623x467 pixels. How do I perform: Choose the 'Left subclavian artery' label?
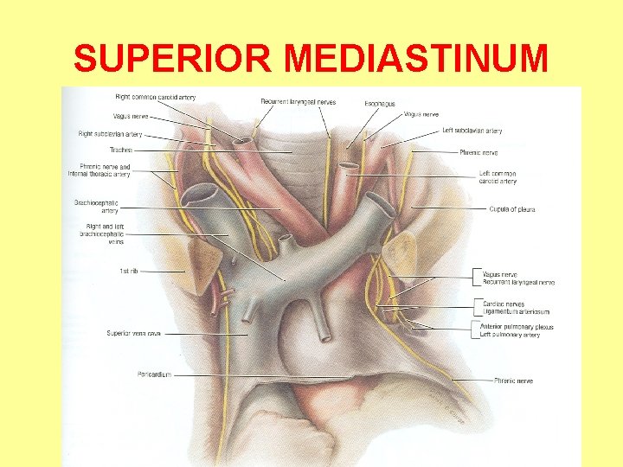(x=472, y=131)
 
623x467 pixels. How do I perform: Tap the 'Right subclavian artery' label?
(x=110, y=134)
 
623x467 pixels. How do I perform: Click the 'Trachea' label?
(x=120, y=150)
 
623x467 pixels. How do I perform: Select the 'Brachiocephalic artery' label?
(x=96, y=206)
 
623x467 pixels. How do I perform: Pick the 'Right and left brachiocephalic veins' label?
(x=101, y=233)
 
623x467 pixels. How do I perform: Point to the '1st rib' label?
(x=128, y=271)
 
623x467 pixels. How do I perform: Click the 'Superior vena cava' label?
(x=133, y=333)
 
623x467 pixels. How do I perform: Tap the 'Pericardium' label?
(x=154, y=374)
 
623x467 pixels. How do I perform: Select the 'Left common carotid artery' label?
(x=498, y=177)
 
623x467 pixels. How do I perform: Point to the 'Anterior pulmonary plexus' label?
(x=517, y=327)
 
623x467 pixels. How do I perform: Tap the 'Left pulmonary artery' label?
(x=510, y=335)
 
